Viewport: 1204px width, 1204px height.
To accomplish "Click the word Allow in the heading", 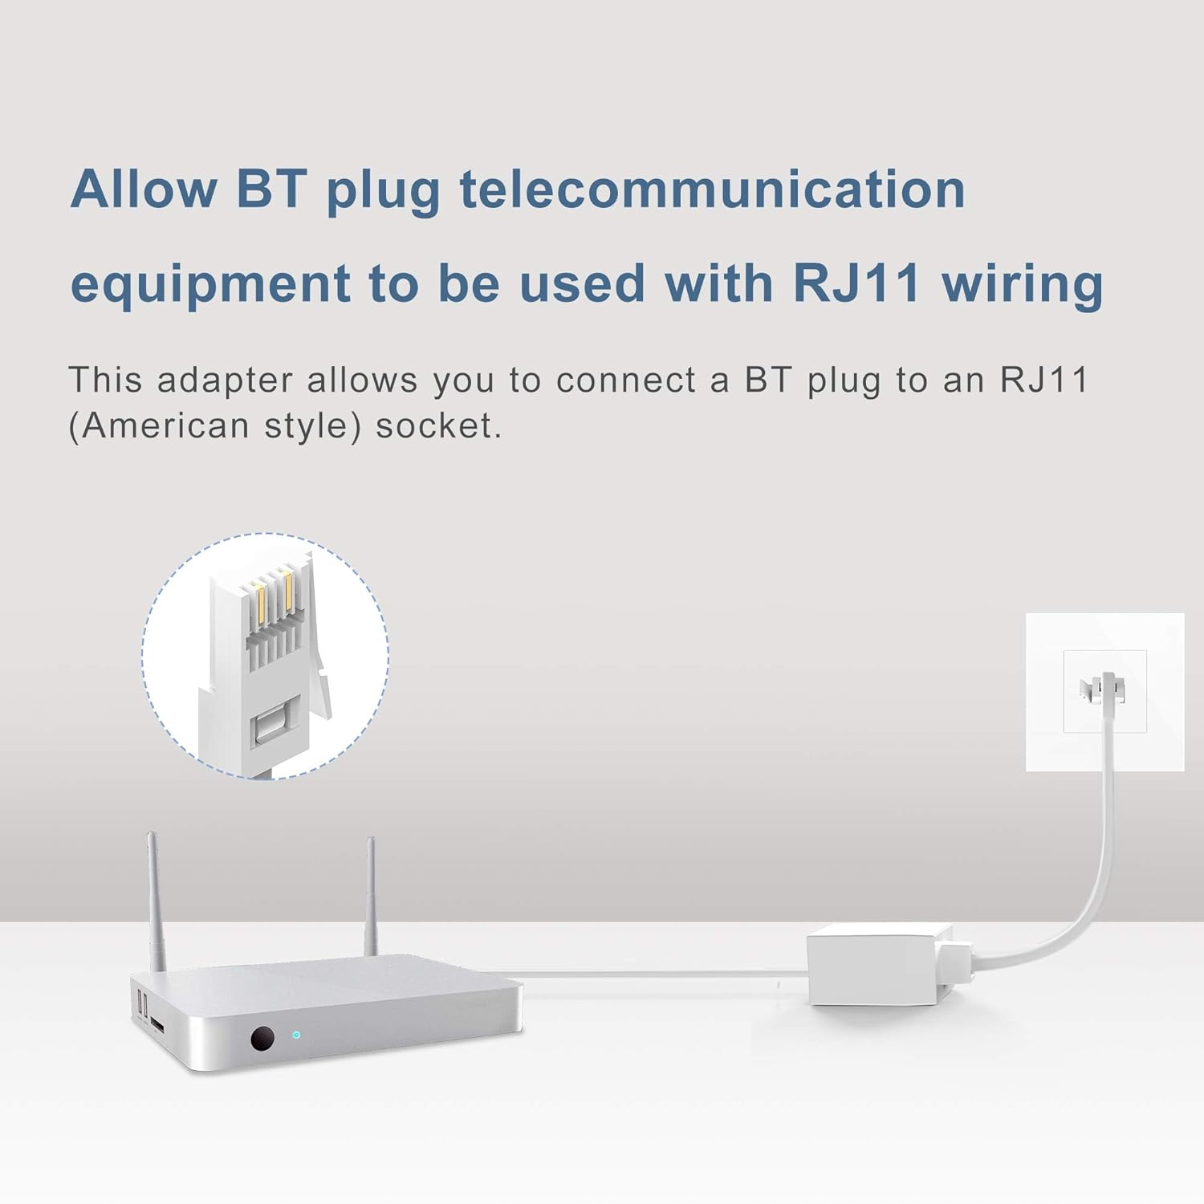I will click(x=143, y=189).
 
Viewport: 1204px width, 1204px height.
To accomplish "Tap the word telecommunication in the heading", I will click(x=711, y=189).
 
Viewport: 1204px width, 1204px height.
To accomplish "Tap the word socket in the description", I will click(x=438, y=426).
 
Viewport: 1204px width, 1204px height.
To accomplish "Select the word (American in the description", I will click(x=159, y=426).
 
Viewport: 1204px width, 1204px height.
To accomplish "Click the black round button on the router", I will click(x=262, y=1039).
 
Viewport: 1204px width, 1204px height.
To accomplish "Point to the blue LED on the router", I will click(x=296, y=1035).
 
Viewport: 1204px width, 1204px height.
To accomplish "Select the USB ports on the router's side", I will click(x=142, y=1003).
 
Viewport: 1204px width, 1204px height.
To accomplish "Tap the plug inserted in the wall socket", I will click(x=1106, y=688).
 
